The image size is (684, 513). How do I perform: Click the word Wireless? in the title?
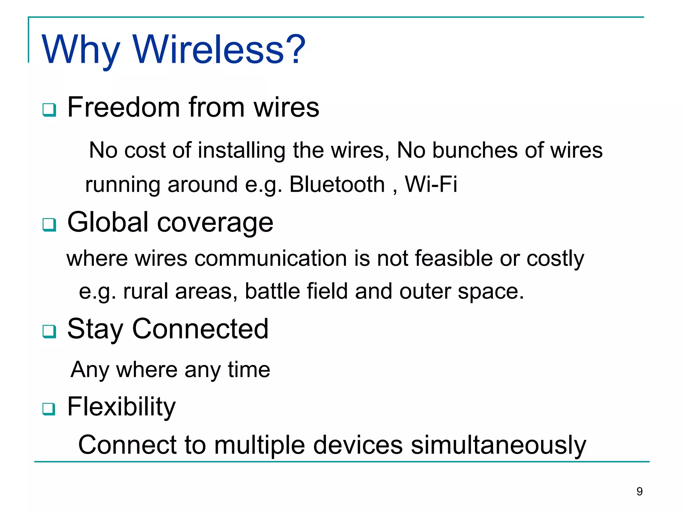tap(219, 49)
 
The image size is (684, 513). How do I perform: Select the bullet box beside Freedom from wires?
tap(49, 110)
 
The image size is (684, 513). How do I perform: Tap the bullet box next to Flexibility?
tap(49, 408)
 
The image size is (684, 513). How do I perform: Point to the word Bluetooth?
tap(337, 184)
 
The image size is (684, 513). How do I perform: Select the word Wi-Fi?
tap(431, 184)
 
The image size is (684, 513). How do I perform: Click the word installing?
tap(242, 150)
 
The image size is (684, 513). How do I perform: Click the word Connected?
tap(200, 329)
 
